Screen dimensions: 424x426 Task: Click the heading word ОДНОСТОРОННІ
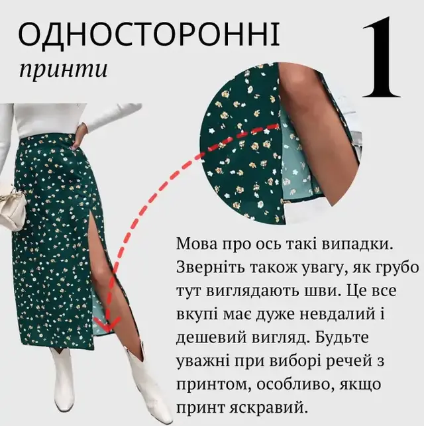coord(149,34)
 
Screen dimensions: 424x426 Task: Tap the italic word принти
coord(64,69)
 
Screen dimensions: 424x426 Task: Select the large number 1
coord(381,58)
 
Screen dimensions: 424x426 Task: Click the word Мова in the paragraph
coord(197,244)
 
